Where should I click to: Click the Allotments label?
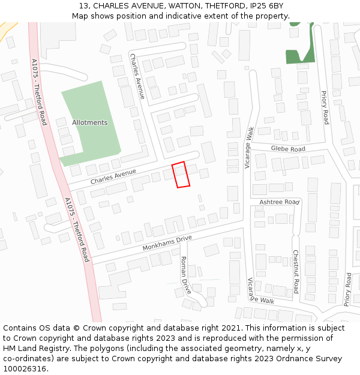pyautogui.click(x=89, y=122)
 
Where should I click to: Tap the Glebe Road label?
pyautogui.click(x=288, y=148)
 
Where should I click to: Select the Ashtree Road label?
pyautogui.click(x=279, y=202)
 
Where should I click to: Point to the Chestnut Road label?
pyautogui.click(x=295, y=271)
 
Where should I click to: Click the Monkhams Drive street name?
pyautogui.click(x=167, y=243)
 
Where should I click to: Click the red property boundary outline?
pyautogui.click(x=181, y=175)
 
